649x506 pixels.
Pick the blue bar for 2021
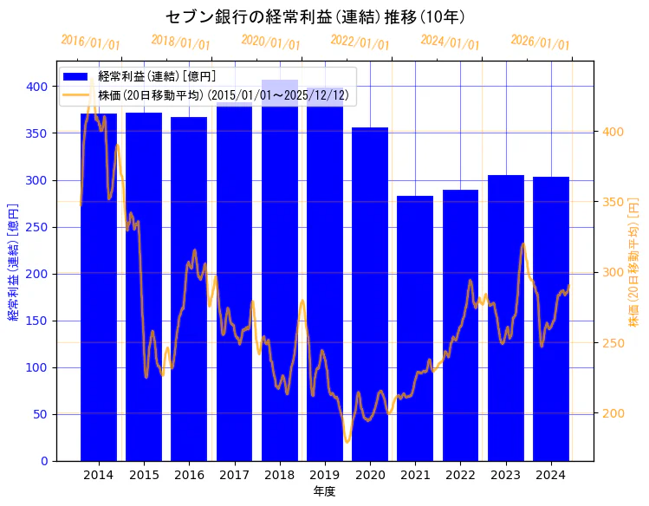[x=415, y=329]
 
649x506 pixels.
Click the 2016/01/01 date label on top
[x=91, y=43]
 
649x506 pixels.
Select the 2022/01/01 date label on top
[x=360, y=43]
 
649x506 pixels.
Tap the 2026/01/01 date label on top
[x=541, y=43]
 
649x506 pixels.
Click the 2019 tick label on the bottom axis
[x=324, y=475]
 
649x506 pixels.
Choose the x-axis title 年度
[x=324, y=491]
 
